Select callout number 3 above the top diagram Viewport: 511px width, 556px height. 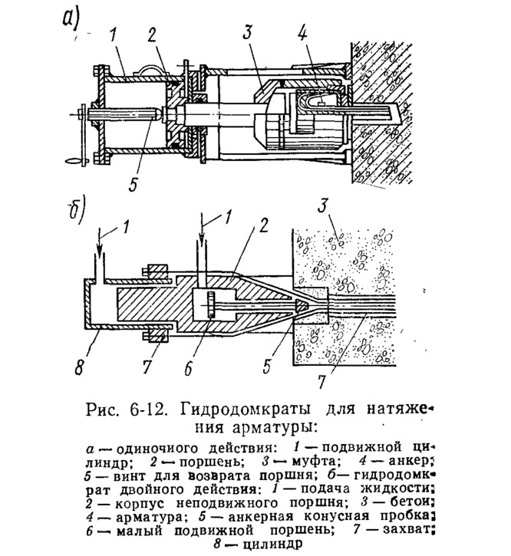point(247,31)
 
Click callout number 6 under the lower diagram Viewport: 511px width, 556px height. point(188,367)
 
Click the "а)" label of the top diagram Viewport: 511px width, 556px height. point(71,18)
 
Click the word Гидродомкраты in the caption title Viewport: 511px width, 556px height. point(246,410)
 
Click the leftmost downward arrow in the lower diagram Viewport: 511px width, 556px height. point(100,245)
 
